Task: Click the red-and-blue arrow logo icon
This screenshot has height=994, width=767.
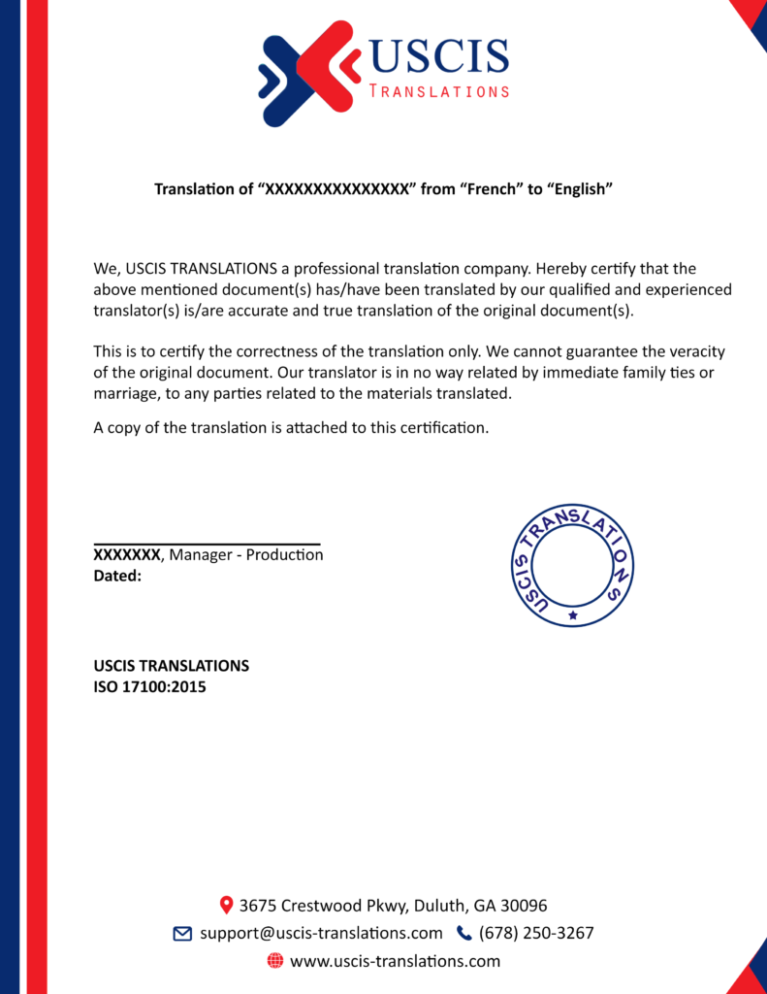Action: click(x=307, y=74)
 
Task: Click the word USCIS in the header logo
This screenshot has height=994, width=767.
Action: click(x=438, y=57)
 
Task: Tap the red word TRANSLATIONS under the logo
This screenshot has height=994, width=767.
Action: click(x=439, y=91)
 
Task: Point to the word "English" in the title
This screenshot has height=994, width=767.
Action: click(x=582, y=188)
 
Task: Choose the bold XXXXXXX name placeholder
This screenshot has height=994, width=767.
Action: click(x=126, y=555)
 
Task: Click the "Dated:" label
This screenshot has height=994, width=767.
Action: click(x=117, y=576)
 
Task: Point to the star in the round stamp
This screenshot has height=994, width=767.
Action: click(x=573, y=614)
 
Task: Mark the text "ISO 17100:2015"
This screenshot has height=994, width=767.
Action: click(x=149, y=687)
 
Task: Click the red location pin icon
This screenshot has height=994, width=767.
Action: click(x=226, y=905)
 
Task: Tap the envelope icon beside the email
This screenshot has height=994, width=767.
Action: click(x=182, y=934)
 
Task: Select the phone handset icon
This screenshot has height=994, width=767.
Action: click(x=463, y=934)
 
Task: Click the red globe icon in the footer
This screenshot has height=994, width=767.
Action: click(x=274, y=961)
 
